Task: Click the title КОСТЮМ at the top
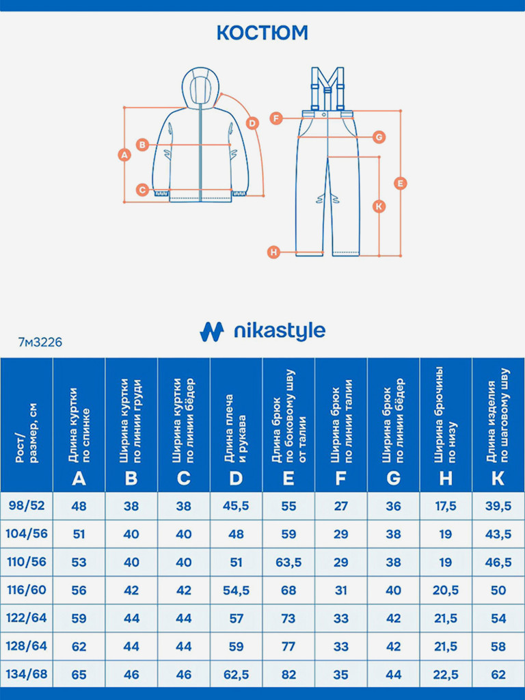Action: coord(262,33)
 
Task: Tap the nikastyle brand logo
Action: coord(262,332)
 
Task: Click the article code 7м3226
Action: coord(40,342)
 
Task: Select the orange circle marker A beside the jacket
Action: coord(124,154)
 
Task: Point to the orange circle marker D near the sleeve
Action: coord(252,123)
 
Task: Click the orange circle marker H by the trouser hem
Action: coord(273,252)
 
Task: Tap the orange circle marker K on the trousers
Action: coord(380,206)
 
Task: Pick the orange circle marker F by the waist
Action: coord(275,118)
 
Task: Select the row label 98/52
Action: coord(27,505)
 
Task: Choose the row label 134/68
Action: coord(27,674)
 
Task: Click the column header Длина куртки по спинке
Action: coord(79,424)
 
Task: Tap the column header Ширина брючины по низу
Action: coord(446,424)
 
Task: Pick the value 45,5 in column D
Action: coord(236,506)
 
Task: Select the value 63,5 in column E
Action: coord(288,562)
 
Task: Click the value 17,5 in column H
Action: coord(446,506)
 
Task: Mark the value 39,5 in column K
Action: coord(498,506)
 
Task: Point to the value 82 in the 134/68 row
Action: coord(288,675)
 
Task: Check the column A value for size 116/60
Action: coord(79,590)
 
